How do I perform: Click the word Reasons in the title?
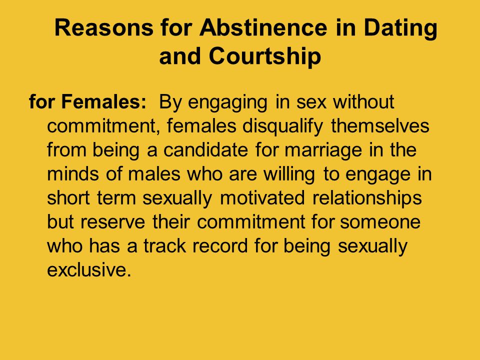104,27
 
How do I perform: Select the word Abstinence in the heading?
263,27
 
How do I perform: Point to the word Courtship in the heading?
265,57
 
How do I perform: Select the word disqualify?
282,126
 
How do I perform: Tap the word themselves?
380,126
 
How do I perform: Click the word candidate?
205,150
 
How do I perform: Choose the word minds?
73,174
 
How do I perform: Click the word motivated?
262,198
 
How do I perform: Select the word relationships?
367,198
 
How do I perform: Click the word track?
164,245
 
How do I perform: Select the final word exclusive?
89,269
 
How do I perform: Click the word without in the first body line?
363,101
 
